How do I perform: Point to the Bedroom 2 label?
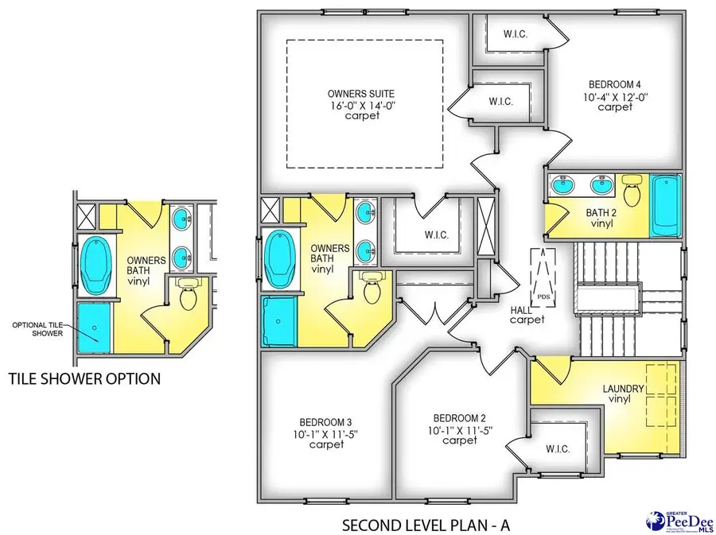coord(454,418)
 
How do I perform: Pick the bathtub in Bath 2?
coord(665,205)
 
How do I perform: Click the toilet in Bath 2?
coord(633,191)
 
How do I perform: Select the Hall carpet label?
coord(527,314)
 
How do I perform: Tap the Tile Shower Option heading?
coord(84,378)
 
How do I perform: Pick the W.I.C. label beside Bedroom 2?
coord(558,448)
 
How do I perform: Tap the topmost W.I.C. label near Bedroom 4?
coord(512,35)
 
